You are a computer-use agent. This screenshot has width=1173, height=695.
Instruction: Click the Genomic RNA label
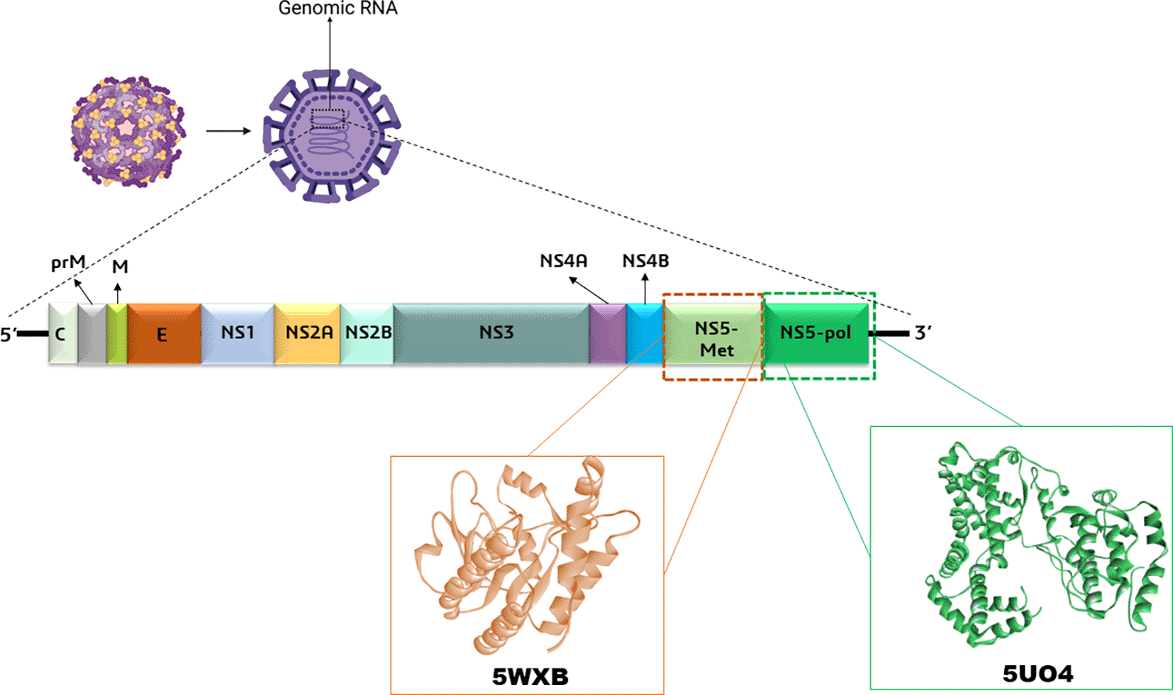tap(338, 9)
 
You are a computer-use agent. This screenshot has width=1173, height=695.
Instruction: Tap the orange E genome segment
tap(163, 334)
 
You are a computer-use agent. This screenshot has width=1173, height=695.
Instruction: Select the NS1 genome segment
tap(238, 333)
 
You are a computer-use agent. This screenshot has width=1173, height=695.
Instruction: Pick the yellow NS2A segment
tap(308, 333)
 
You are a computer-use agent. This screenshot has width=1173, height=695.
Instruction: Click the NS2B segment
tap(368, 333)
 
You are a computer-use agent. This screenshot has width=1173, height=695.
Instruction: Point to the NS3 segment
tap(496, 333)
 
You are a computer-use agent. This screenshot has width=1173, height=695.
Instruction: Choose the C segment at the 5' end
tap(62, 334)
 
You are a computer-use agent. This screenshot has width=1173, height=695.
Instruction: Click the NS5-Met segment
tap(716, 338)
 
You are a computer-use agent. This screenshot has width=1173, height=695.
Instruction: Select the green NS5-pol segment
tap(816, 333)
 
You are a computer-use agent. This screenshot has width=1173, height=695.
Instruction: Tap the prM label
tap(68, 263)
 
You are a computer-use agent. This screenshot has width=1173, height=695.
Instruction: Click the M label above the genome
tap(120, 267)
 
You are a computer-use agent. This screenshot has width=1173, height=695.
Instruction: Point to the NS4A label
tap(563, 261)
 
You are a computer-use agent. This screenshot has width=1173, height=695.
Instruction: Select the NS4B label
tap(645, 261)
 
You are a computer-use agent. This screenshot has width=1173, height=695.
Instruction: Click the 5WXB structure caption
tap(530, 676)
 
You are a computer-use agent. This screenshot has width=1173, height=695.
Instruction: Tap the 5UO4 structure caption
tap(1038, 672)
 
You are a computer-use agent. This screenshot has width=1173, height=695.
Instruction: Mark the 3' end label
tap(923, 333)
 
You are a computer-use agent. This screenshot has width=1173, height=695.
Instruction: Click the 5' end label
tap(9, 334)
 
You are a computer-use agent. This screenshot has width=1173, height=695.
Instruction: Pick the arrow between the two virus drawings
tap(228, 130)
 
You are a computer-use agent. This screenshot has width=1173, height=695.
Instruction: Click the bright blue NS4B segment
tap(645, 334)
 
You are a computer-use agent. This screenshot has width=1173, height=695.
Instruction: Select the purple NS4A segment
tap(607, 334)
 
